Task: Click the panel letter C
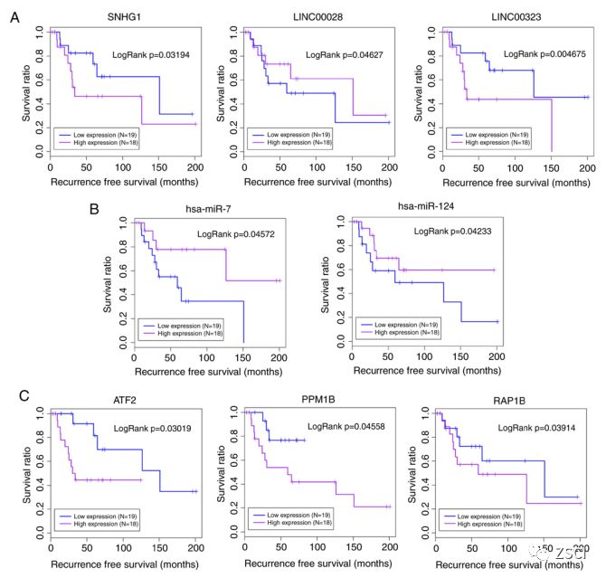coord(15,394)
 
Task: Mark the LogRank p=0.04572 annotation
coord(236,235)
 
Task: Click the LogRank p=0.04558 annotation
coord(347,426)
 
